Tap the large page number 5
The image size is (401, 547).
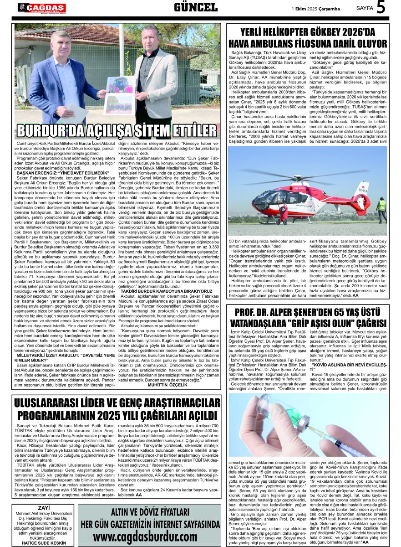381,7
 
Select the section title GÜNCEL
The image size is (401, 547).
196,7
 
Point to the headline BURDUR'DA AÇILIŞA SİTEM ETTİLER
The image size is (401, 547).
117,129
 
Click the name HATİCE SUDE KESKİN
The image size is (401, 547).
44,543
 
